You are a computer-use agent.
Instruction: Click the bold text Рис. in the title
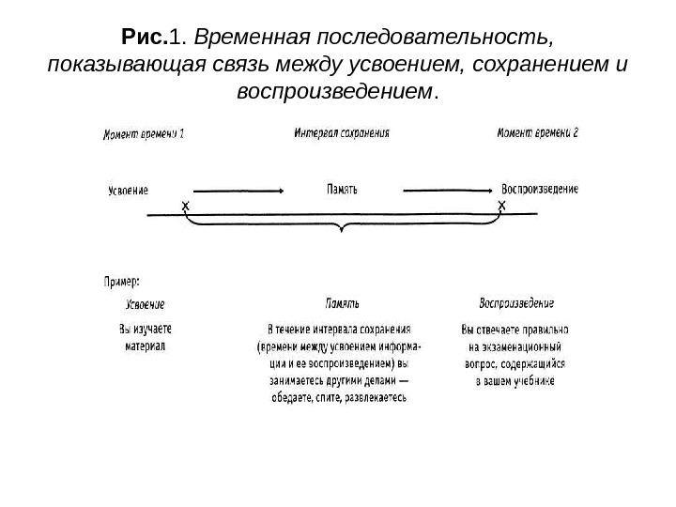[x=144, y=39]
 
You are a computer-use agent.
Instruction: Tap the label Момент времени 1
[x=143, y=134]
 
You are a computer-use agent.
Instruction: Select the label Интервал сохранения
[x=343, y=133]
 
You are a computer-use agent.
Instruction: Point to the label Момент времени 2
[x=538, y=133]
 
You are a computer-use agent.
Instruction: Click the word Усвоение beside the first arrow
[x=128, y=191]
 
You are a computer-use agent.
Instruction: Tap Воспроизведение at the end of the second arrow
[x=540, y=189]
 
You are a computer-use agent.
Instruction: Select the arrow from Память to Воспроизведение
[x=442, y=190]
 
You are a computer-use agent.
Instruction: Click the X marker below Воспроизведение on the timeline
[x=501, y=205]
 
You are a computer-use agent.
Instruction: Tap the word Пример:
[x=122, y=280]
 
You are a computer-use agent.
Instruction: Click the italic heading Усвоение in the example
[x=146, y=304]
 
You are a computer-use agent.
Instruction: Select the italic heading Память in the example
[x=342, y=304]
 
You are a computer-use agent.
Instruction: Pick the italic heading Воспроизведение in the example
[x=516, y=303]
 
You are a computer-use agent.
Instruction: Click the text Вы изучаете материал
[x=146, y=338]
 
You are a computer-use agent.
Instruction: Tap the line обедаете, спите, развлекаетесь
[x=339, y=397]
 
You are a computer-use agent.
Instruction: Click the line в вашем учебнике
[x=515, y=381]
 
